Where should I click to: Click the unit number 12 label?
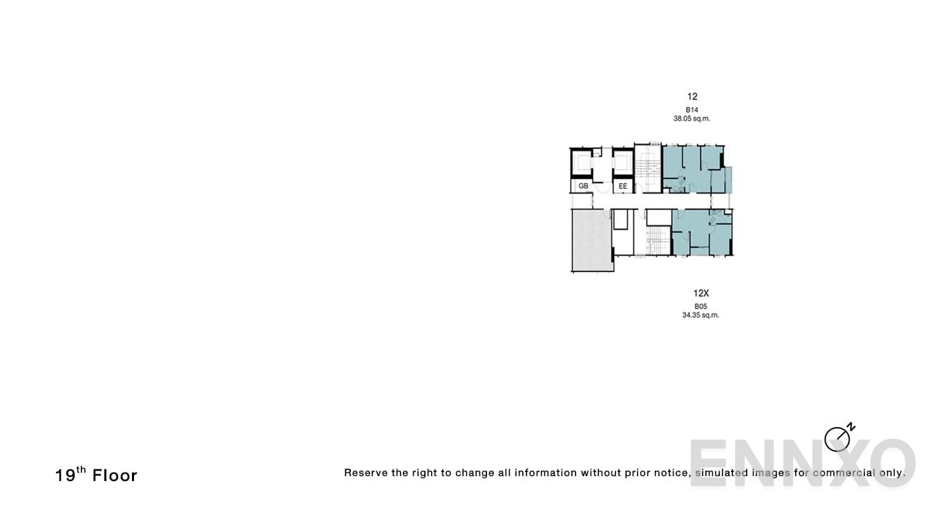coord(692,97)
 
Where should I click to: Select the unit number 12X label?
coord(700,293)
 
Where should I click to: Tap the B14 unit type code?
coord(692,110)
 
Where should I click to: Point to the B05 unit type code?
coord(700,306)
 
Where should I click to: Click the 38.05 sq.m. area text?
coord(692,119)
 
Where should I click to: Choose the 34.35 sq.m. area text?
coord(700,315)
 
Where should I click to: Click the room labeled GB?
coord(583,186)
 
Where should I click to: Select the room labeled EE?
coord(622,186)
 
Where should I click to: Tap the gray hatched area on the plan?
coord(591,240)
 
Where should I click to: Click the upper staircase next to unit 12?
coord(648,168)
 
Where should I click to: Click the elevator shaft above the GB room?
coord(582,162)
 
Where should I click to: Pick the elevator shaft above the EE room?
coord(622,162)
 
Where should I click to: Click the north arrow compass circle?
coord(837,440)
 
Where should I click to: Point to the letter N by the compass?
coord(851,426)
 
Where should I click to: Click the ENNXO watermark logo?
coord(801,462)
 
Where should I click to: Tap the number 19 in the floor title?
coord(65,475)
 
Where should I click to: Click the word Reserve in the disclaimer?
coord(365,473)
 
